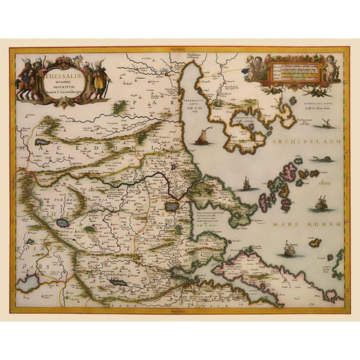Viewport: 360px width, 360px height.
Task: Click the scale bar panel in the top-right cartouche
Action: (293, 70)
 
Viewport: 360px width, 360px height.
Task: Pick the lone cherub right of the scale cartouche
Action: (330, 70)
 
